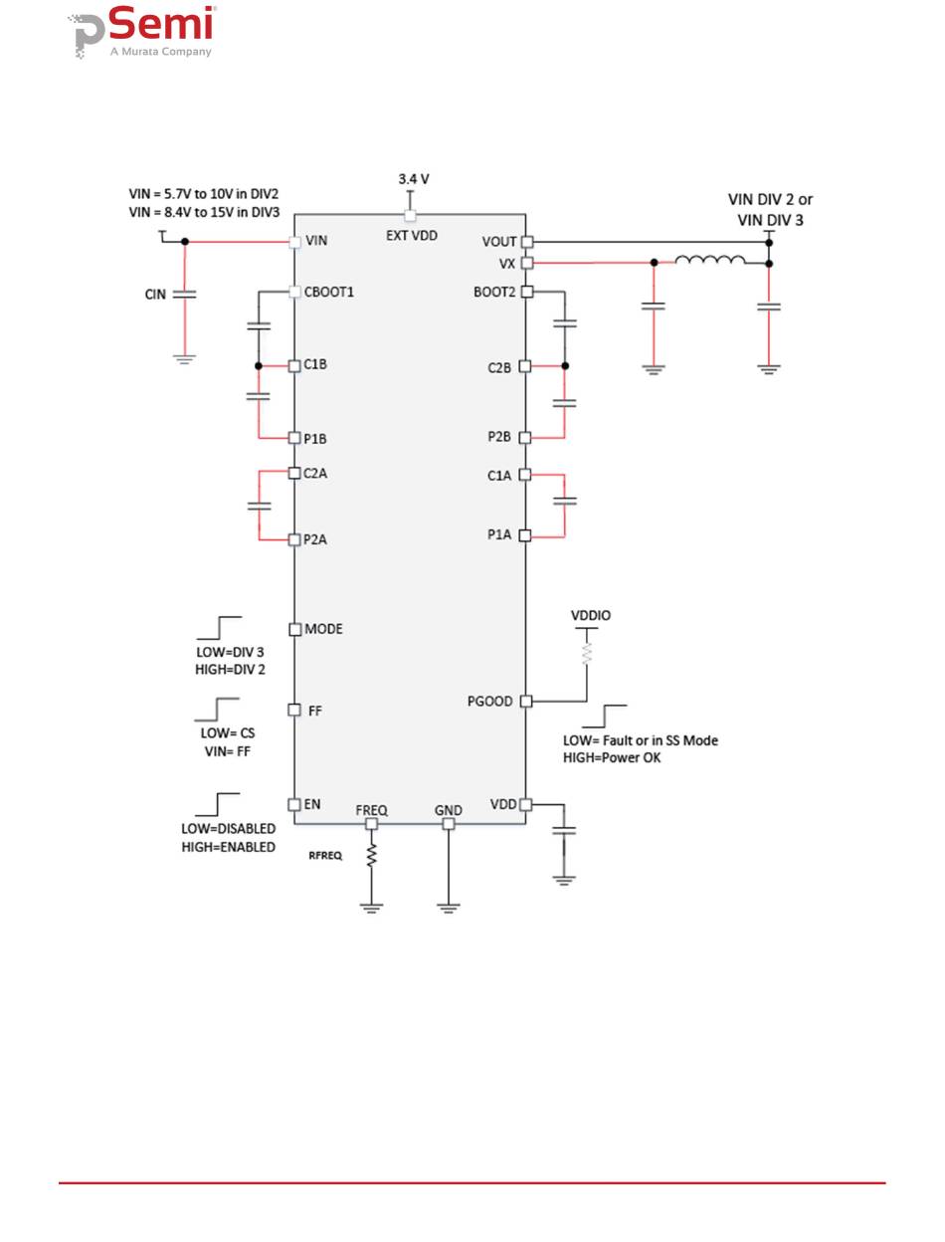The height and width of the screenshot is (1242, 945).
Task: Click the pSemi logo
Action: (142, 32)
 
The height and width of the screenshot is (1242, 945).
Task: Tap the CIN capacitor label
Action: (155, 295)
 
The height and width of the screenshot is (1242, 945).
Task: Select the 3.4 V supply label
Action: (414, 179)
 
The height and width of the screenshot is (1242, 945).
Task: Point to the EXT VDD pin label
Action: (412, 236)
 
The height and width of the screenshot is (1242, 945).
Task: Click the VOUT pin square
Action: (526, 242)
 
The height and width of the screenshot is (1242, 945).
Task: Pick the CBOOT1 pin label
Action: (328, 292)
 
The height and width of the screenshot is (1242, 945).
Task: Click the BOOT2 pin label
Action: (494, 292)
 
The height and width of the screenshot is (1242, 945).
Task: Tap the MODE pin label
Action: (323, 629)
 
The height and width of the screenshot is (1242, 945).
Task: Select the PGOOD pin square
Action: (526, 701)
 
